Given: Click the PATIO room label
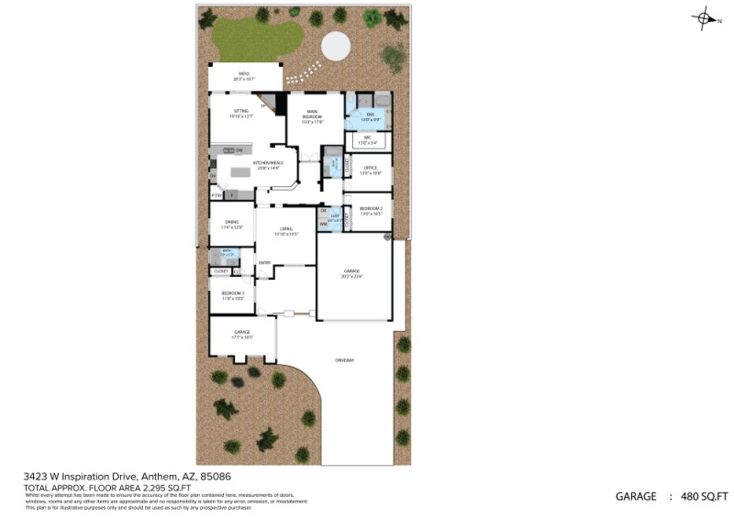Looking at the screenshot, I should pyautogui.click(x=244, y=73).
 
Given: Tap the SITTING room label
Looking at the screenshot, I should pyautogui.click(x=240, y=111).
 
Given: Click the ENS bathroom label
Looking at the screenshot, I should pyautogui.click(x=370, y=115).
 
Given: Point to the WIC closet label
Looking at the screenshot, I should pyautogui.click(x=367, y=138).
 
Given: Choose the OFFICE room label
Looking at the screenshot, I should pyautogui.click(x=371, y=168).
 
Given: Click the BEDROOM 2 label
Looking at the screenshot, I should pyautogui.click(x=371, y=208).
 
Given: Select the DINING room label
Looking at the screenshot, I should pyautogui.click(x=231, y=221).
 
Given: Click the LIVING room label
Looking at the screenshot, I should pyautogui.click(x=286, y=228).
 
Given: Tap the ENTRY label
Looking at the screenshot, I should pyautogui.click(x=264, y=263).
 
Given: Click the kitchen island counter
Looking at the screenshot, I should pyautogui.click(x=240, y=171).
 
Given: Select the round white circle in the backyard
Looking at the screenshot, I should pyautogui.click(x=334, y=44).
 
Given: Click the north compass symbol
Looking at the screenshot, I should pyautogui.click(x=705, y=17).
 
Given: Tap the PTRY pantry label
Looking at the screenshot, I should pyautogui.click(x=217, y=195).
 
